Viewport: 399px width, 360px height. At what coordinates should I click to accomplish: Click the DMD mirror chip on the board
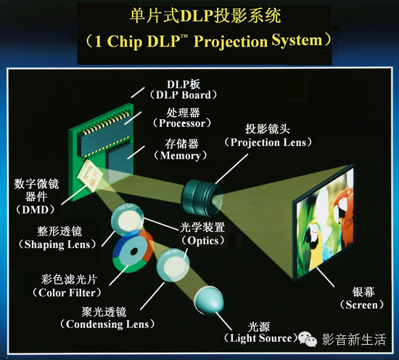(90, 175)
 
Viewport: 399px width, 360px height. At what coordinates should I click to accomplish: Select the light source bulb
(209, 300)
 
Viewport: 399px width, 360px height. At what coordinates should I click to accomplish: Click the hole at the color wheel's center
(133, 252)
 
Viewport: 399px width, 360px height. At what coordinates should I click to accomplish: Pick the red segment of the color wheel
(148, 246)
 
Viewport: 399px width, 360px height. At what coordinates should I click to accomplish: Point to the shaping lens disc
(127, 219)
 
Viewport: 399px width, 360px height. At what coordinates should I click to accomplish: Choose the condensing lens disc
(173, 266)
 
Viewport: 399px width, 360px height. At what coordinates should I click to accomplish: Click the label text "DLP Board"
(184, 95)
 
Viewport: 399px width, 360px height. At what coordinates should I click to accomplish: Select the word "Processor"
(182, 123)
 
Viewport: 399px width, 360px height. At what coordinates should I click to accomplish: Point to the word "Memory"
(181, 155)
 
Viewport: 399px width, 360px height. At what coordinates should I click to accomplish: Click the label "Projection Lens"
(268, 142)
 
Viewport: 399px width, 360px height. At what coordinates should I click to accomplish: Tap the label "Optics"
(203, 240)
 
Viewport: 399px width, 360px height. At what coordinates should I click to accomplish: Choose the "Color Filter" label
(67, 292)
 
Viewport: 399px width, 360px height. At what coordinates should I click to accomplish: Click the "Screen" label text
(361, 305)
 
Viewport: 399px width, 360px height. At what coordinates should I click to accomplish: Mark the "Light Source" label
(260, 338)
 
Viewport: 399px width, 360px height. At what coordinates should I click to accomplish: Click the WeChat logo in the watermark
(308, 339)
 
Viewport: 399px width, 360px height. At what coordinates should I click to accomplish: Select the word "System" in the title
(297, 41)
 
